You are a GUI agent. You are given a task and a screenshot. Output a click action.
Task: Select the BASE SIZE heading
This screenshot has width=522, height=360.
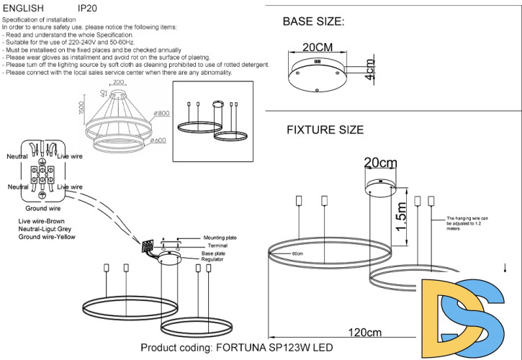point(313,21)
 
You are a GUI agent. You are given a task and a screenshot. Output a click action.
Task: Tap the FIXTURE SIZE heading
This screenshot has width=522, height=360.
point(325,130)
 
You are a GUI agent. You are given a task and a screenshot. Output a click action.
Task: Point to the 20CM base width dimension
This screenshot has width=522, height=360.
point(318,48)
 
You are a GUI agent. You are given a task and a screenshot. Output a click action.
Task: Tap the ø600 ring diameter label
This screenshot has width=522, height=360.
point(158,140)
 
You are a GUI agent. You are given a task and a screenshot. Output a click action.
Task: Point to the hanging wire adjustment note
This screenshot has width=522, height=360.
point(468,222)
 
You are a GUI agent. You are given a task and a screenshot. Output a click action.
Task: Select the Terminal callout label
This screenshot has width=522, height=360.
point(217,246)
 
